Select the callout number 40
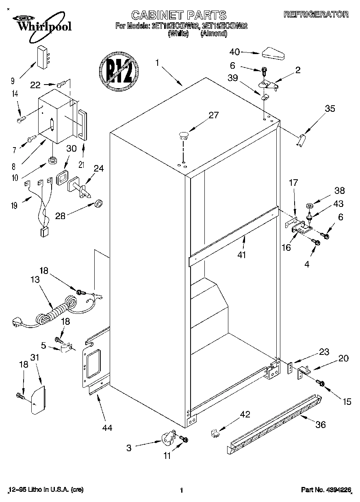(x=234, y=52)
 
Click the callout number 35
(x=330, y=108)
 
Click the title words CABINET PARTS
(x=179, y=15)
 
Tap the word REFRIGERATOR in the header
(x=316, y=14)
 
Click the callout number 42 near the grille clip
(x=245, y=414)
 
